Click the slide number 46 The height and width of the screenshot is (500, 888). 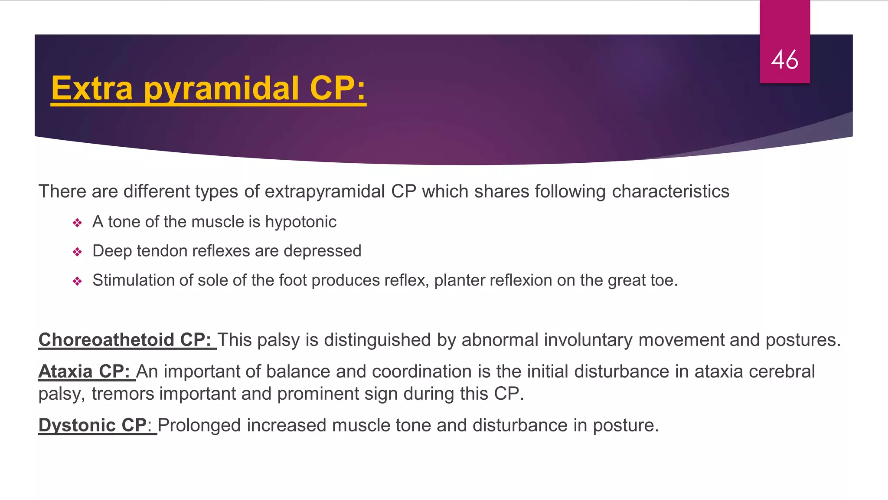[x=784, y=59]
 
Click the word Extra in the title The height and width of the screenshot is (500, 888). [x=92, y=89]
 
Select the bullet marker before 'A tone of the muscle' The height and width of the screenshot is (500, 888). [x=77, y=223]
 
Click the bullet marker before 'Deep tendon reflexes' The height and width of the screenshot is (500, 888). [x=77, y=252]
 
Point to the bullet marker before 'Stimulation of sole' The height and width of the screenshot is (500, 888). [x=77, y=282]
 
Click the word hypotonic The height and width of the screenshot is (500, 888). [x=300, y=222]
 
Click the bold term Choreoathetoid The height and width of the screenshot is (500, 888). [x=106, y=340]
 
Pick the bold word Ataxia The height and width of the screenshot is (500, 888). [x=65, y=372]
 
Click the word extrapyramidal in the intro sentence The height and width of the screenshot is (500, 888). [x=325, y=192]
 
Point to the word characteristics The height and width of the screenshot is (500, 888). [x=670, y=191]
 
